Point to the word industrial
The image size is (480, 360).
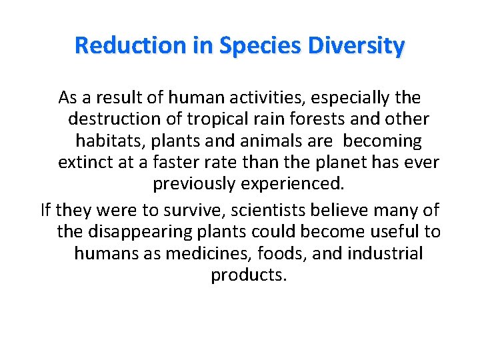point(379,253)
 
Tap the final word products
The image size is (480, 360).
point(249,275)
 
